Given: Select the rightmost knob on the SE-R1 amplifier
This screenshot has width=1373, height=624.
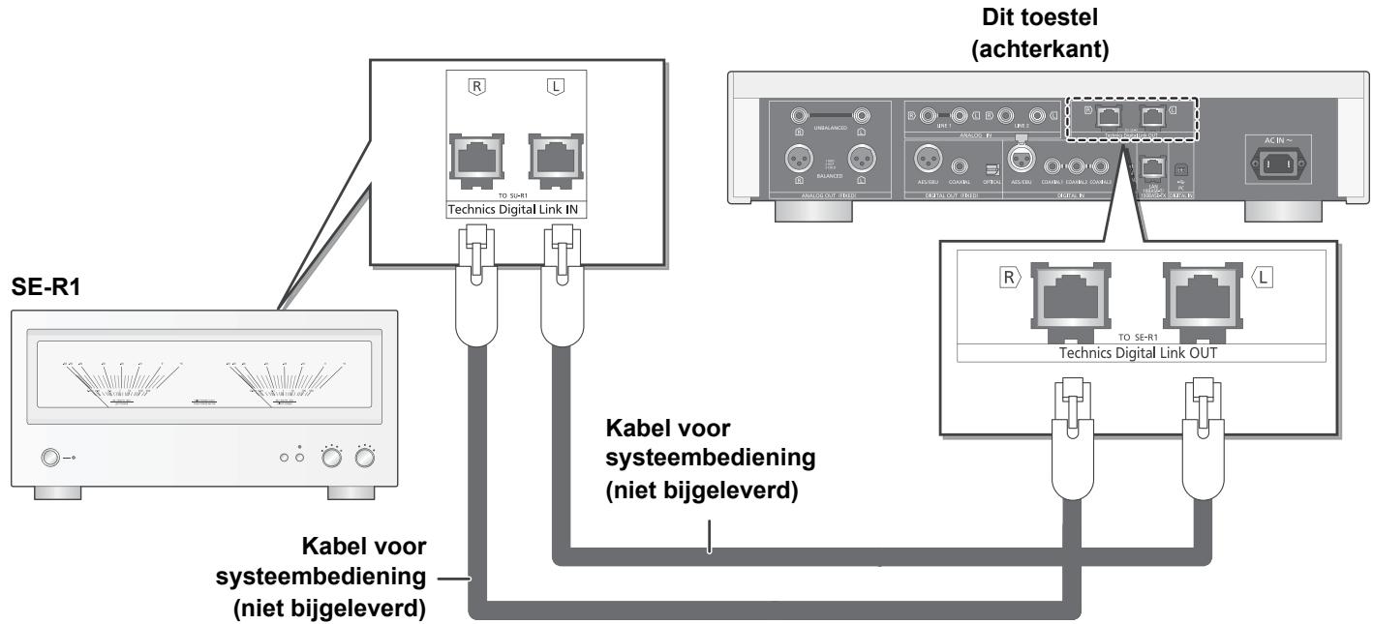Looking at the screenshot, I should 365,457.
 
